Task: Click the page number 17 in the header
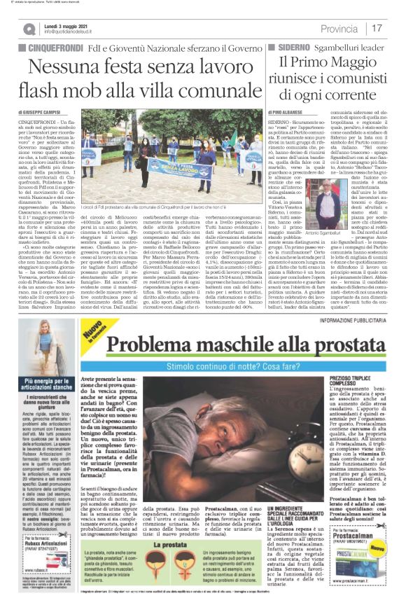tap(377, 28)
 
